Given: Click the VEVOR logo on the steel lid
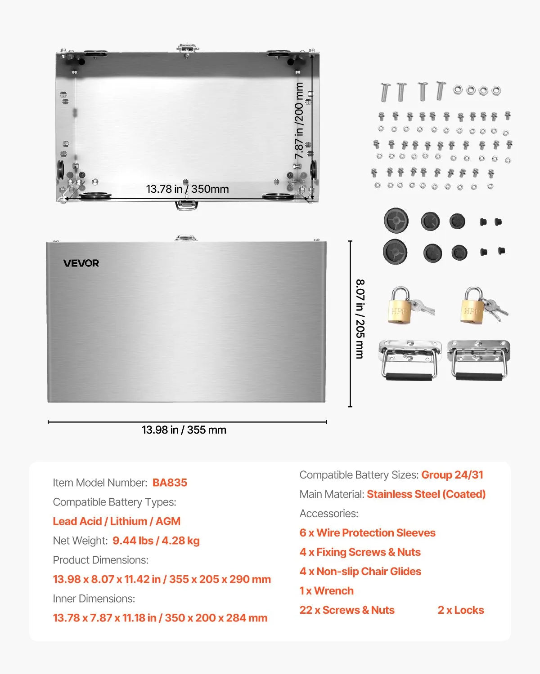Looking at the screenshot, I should point(81,263).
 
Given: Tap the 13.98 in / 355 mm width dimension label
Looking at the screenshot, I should point(184,430).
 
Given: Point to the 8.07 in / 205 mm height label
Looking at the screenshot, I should point(360,319).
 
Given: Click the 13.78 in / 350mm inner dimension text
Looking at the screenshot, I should point(187,189).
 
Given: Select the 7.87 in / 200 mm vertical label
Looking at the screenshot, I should point(299,120).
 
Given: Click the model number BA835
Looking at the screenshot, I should point(170,483).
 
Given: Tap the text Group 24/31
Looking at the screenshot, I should point(452,475).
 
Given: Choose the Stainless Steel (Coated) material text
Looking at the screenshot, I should point(426,494).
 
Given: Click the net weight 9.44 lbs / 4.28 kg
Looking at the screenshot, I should point(156,541).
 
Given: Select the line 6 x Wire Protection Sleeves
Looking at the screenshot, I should point(367,533).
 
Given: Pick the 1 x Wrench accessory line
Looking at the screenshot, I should point(326,591).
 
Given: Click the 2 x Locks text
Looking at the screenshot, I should point(461,610).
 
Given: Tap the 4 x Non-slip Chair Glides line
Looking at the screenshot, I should point(360,572).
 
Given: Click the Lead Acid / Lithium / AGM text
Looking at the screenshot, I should point(117,521).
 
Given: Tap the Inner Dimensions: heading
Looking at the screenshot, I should point(94,599).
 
